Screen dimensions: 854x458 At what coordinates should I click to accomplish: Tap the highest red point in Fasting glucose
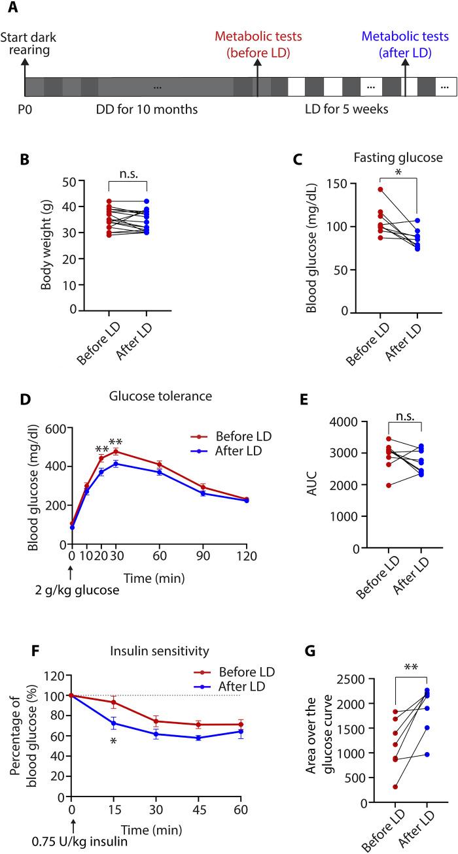coord(380,189)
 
